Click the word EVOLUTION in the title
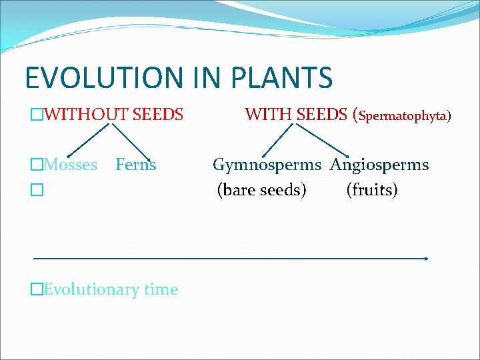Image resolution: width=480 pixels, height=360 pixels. point(93,78)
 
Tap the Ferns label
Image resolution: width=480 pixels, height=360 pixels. point(135,165)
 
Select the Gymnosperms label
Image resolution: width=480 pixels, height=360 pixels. point(269,165)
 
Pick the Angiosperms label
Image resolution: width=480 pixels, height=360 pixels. point(379,165)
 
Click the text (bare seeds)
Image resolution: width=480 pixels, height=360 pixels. point(262,190)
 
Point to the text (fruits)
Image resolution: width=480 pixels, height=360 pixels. point(372,190)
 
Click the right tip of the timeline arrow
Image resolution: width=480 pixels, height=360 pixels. point(426,258)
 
